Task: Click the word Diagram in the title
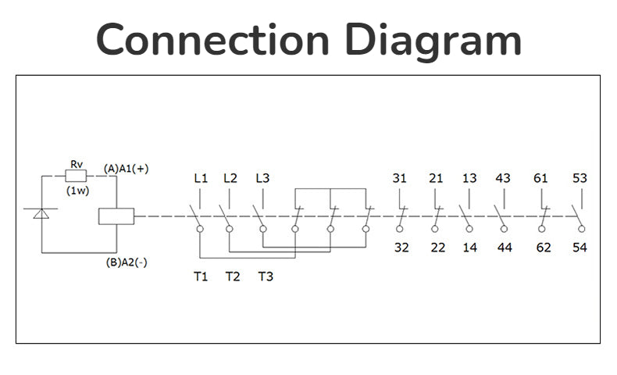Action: tap(433, 39)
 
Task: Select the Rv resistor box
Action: tap(77, 177)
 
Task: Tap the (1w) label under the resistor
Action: tap(77, 191)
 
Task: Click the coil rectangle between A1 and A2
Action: tap(116, 216)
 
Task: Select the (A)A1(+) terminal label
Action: tap(127, 168)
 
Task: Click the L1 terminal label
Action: tap(201, 178)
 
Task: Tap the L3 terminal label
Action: tap(262, 178)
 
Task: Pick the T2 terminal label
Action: tap(233, 277)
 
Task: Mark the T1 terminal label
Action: tap(201, 277)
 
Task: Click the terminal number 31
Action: tap(399, 178)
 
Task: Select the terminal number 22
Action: tap(437, 248)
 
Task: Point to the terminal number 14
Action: tap(469, 248)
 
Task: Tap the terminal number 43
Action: tap(503, 178)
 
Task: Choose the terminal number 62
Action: tap(544, 248)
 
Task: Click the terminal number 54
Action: tap(580, 248)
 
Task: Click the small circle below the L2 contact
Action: tap(230, 229)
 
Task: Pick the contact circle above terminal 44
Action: tap(504, 229)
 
